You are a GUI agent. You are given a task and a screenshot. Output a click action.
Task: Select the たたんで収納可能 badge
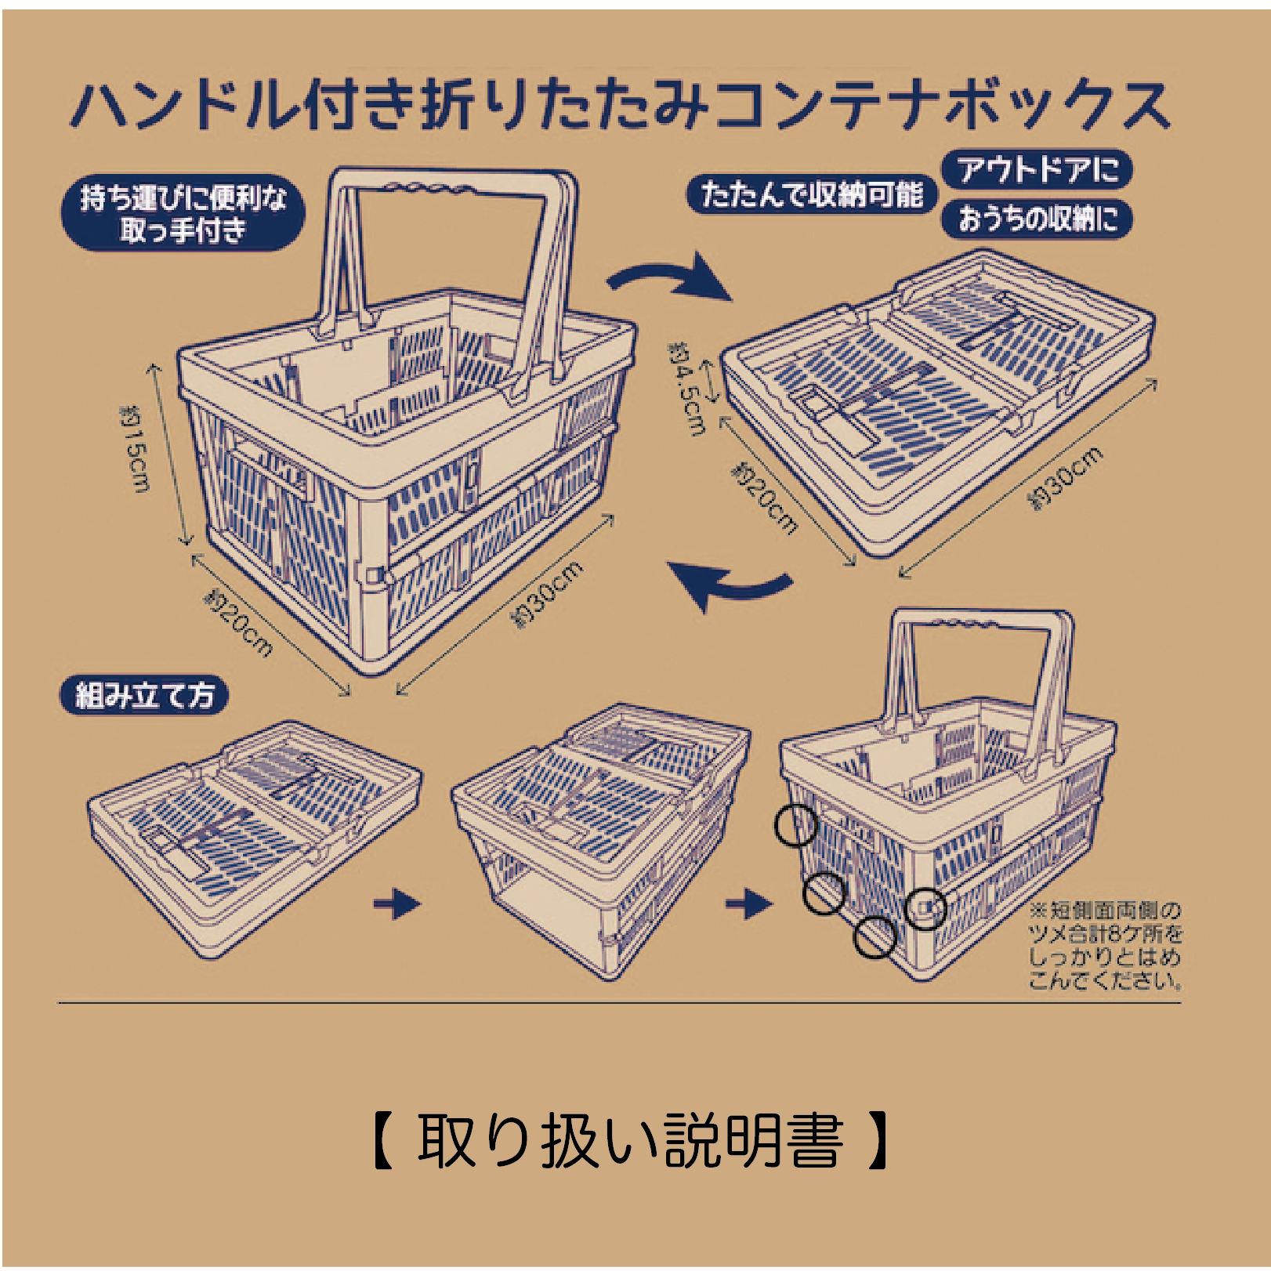(x=811, y=194)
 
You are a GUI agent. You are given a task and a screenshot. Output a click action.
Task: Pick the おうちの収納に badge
(x=1037, y=219)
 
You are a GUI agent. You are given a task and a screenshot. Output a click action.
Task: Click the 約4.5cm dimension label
(x=688, y=388)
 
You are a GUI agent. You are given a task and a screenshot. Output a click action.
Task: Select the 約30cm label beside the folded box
(x=1066, y=478)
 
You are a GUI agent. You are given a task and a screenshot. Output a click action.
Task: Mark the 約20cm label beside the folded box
(x=764, y=498)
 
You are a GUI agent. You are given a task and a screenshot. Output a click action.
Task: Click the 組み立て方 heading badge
(x=144, y=696)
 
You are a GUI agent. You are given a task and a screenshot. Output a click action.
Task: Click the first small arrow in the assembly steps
(x=397, y=904)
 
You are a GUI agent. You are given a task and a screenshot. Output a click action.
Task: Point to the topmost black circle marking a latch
(x=796, y=825)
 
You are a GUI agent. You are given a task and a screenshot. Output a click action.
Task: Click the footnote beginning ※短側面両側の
(x=1105, y=945)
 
